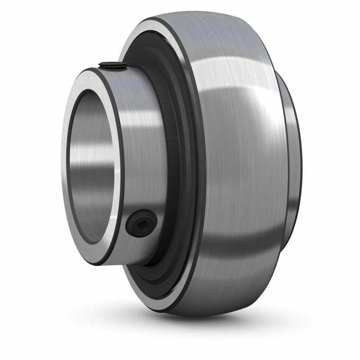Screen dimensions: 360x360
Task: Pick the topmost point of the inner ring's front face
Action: [97, 70]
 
